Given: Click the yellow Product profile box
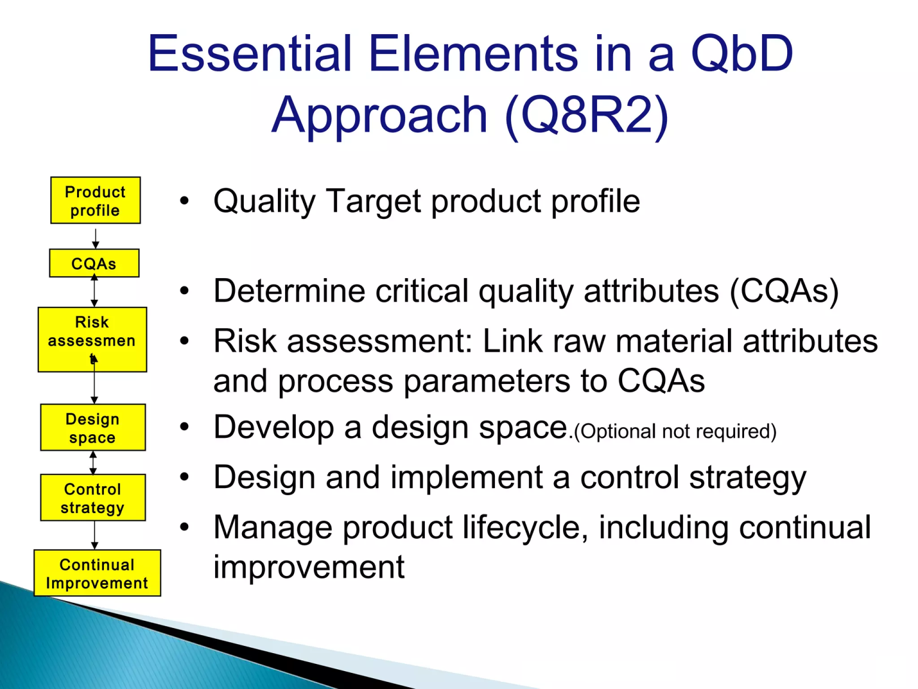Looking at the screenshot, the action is click(96, 200).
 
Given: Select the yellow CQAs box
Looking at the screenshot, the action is click(94, 263).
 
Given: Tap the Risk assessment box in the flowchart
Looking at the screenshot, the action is click(93, 340).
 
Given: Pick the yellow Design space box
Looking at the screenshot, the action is click(93, 427).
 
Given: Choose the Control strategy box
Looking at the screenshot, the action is click(93, 498).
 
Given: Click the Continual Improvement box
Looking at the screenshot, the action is click(97, 573).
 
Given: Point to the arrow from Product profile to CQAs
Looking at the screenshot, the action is click(96, 239).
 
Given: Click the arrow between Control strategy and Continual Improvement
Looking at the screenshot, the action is click(94, 535).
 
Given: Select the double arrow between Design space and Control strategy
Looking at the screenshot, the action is click(93, 463).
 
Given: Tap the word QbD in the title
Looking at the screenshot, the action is click(742, 54).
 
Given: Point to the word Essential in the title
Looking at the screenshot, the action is click(250, 53).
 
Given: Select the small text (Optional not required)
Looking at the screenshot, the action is click(675, 431).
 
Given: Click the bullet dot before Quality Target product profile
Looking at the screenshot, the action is click(184, 201).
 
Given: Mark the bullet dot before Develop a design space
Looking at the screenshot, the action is click(184, 427).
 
